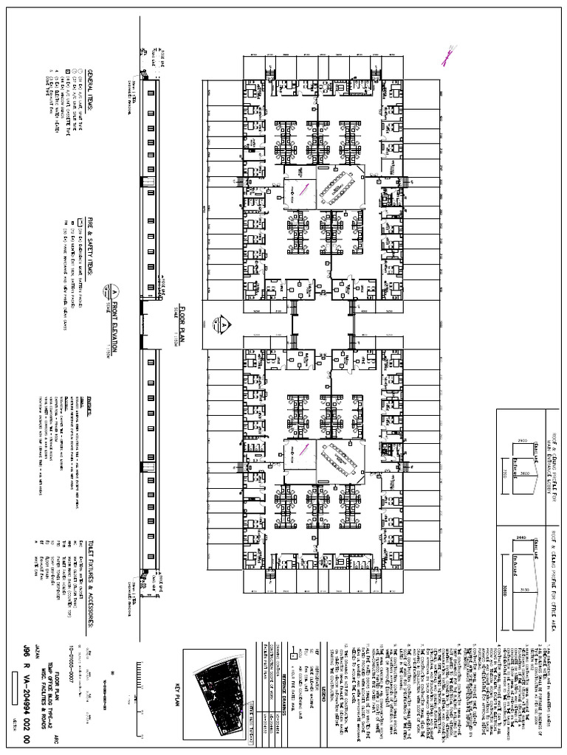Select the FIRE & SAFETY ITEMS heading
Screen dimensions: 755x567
(91, 244)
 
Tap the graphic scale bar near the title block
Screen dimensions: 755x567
(138, 678)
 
